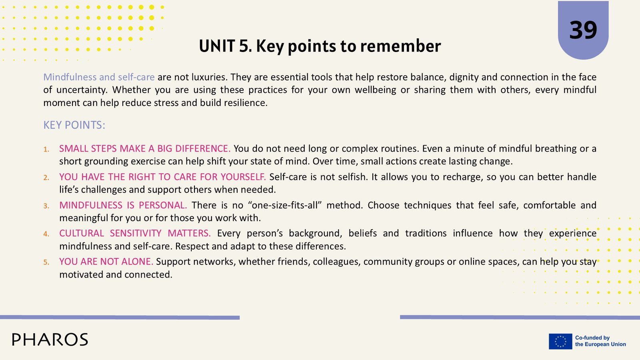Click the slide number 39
[583, 30]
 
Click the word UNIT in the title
[217, 46]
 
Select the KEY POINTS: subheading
[74, 125]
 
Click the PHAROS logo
[50, 340]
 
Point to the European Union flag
[560, 341]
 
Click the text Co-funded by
[592, 338]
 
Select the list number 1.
[46, 149]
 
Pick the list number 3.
[46, 206]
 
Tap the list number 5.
[46, 262]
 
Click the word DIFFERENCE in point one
[202, 148]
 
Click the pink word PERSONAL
[163, 205]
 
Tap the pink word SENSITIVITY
[136, 233]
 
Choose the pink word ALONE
[138, 262]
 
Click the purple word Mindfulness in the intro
[70, 77]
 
